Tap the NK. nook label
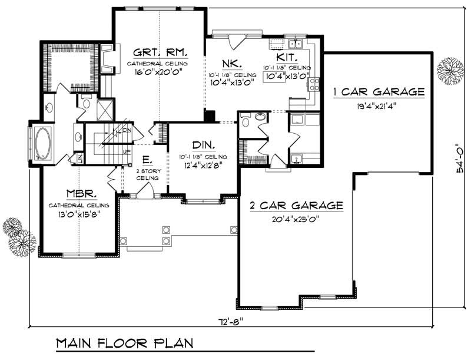(x=230, y=63)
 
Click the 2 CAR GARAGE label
(x=296, y=206)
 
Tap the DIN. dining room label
(x=203, y=145)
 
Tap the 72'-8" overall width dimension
(x=229, y=321)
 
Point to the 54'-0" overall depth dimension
(x=451, y=161)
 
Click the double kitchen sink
(x=294, y=43)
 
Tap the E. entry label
(x=145, y=159)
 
